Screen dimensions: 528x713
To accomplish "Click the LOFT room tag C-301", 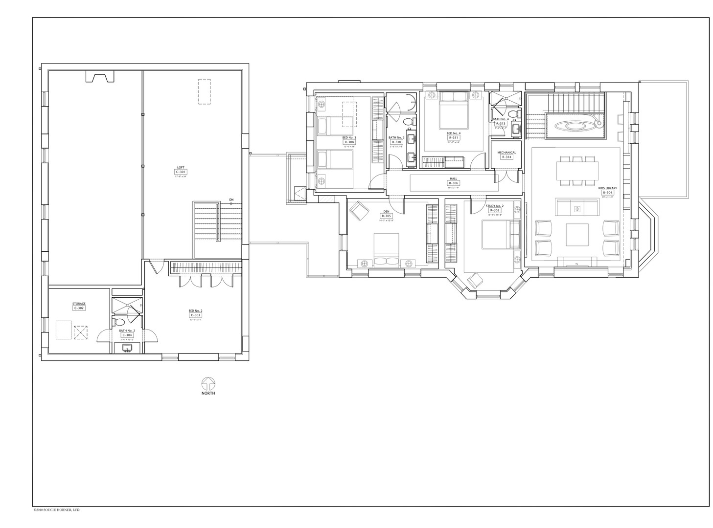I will point(181,172).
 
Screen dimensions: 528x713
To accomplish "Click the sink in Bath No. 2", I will point(127,348).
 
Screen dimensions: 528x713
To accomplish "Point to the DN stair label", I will point(231,199).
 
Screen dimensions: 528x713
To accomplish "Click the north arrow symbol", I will point(208,383).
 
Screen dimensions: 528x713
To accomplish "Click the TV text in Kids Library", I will point(576,264).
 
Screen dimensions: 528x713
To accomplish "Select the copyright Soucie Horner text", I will point(57,510).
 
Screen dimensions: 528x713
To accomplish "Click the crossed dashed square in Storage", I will point(79,332).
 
